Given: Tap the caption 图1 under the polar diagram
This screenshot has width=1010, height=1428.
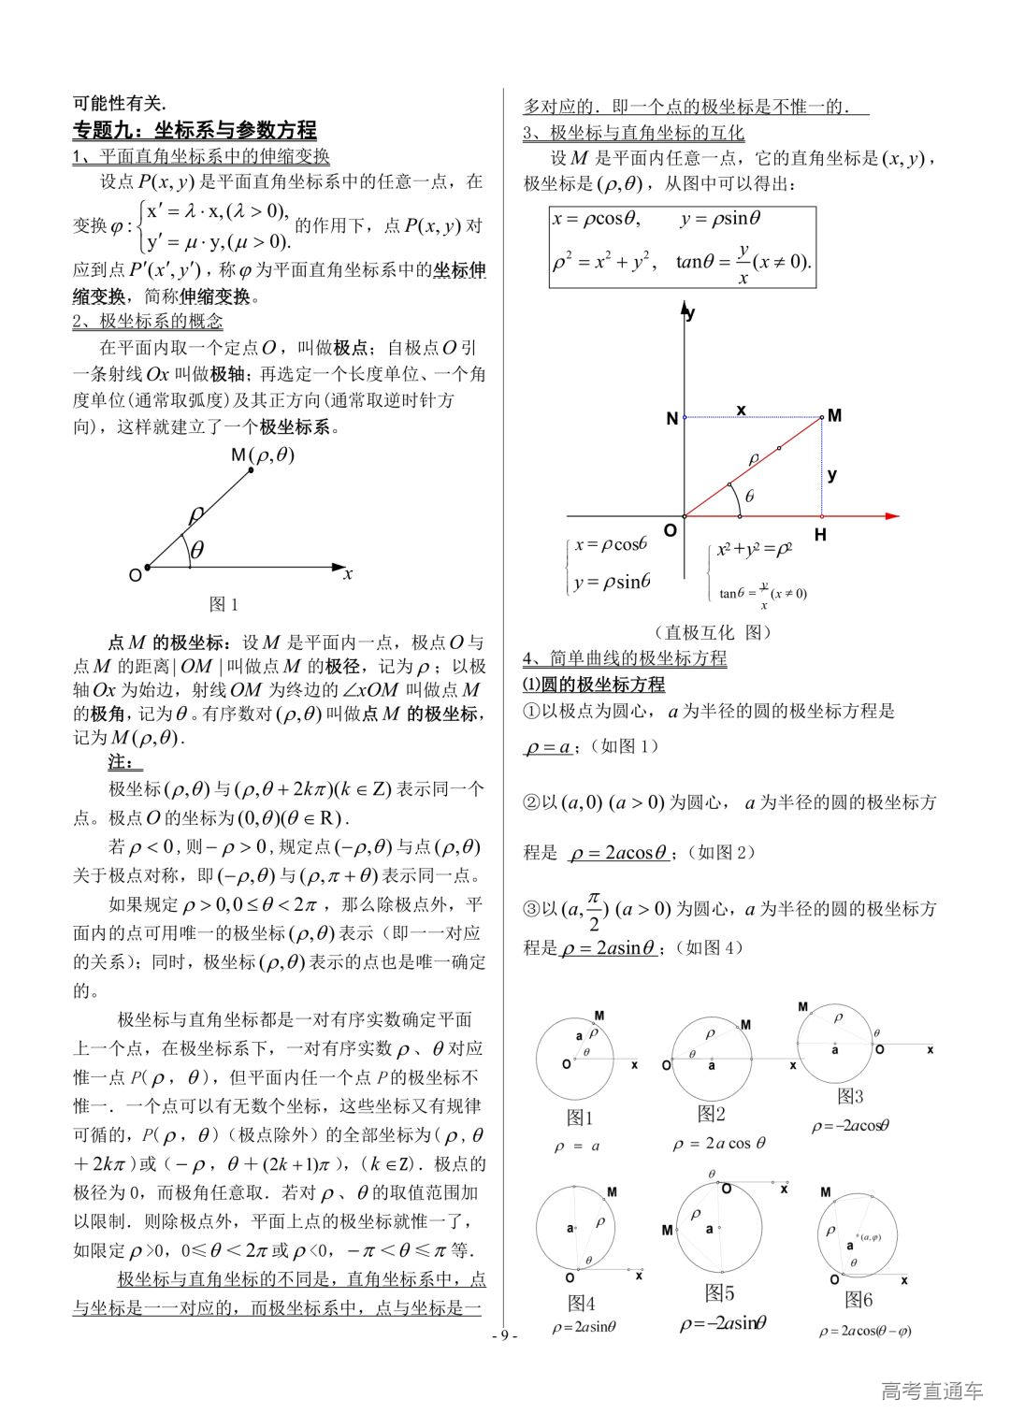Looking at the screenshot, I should coord(224,604).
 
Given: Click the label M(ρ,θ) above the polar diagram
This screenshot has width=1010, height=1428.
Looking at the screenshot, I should coord(263,454).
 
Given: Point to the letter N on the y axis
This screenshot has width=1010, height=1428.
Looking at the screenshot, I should coord(671,419).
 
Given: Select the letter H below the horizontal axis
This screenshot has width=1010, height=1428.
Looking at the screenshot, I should coord(820,535).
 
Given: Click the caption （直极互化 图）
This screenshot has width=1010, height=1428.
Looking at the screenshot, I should coord(714,632).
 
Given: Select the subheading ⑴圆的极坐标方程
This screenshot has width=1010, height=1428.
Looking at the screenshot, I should coord(593,685).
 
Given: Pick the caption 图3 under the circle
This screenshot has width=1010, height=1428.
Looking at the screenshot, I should coord(850,1096).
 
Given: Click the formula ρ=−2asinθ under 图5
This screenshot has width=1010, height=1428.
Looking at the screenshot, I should coord(723,1322).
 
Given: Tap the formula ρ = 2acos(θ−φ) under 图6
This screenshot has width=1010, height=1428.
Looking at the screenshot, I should coord(865,1330).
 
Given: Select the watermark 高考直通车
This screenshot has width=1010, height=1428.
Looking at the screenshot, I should coord(932,1391).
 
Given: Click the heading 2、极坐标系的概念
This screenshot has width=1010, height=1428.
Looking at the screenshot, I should coord(148,322).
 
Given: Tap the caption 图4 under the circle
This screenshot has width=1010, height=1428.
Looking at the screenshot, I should coord(581,1303).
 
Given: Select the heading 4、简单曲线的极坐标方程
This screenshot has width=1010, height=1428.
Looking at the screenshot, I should coord(624,658).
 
